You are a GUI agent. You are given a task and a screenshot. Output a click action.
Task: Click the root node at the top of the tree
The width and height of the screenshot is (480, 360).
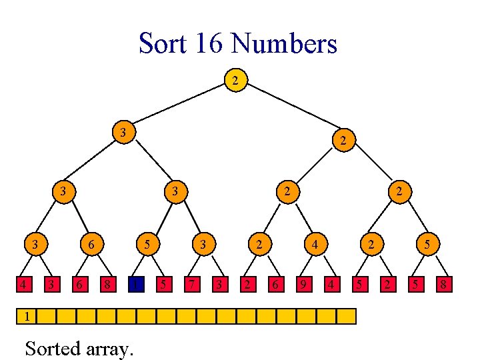click(x=234, y=81)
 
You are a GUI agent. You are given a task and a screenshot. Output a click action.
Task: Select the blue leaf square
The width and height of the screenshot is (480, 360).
click(x=136, y=286)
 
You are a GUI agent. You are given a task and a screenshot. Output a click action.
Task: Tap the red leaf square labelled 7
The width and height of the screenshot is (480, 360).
click(x=191, y=286)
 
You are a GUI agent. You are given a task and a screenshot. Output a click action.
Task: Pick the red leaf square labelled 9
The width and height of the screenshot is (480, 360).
click(x=303, y=286)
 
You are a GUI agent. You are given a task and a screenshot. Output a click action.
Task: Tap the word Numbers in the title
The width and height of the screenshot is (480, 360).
click(x=284, y=44)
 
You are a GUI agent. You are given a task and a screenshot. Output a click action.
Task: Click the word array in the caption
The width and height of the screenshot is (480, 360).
click(x=111, y=349)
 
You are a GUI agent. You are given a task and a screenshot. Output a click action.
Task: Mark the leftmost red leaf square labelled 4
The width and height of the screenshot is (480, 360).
click(x=25, y=286)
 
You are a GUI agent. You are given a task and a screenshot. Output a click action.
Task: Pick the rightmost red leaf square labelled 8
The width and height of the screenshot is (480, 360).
click(x=442, y=286)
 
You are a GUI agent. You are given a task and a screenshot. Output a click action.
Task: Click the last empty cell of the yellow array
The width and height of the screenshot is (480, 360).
click(x=347, y=315)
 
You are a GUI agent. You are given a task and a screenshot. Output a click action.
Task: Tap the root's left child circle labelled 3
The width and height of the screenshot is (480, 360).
click(x=123, y=131)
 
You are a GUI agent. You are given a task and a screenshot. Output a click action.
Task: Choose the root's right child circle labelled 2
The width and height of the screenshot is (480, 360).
click(x=343, y=140)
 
